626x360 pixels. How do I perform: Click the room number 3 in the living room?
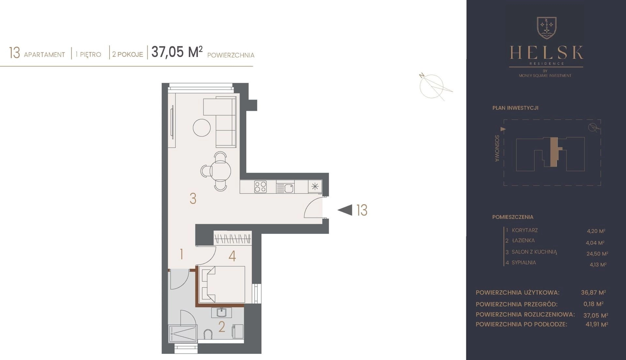pyautogui.click(x=193, y=198)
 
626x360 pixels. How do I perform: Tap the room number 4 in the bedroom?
pyautogui.click(x=232, y=256)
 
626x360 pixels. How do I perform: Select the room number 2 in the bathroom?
pyautogui.click(x=222, y=327)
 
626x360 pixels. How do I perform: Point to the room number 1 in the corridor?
pyautogui.click(x=181, y=254)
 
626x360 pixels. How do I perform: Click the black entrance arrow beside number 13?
pyautogui.click(x=345, y=210)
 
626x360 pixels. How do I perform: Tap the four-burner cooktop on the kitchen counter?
pyautogui.click(x=261, y=187)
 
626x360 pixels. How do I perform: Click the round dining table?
pyautogui.click(x=221, y=171)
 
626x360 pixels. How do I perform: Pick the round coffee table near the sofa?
pyautogui.click(x=201, y=128)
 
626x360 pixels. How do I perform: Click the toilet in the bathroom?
pyautogui.click(x=208, y=335)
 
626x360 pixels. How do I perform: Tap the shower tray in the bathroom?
pyautogui.click(x=183, y=334)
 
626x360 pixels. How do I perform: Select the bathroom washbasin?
pyautogui.click(x=222, y=313)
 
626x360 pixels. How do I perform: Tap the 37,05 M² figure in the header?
pyautogui.click(x=177, y=52)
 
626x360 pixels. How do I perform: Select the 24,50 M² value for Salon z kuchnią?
pyautogui.click(x=597, y=253)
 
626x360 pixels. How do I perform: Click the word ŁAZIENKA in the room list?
pyautogui.click(x=523, y=240)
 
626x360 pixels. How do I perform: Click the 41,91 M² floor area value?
pyautogui.click(x=597, y=324)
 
